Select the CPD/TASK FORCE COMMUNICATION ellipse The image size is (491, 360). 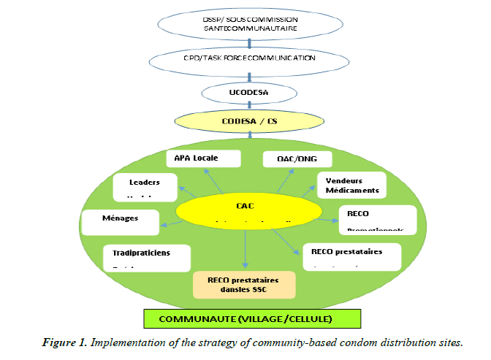(251, 56)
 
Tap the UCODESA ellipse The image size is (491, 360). (250, 93)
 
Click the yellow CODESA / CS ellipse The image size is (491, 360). (250, 120)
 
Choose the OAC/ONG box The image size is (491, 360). (297, 158)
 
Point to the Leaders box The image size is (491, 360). (146, 187)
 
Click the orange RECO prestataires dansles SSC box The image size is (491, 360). (244, 284)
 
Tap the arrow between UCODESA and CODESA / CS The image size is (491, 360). (250, 107)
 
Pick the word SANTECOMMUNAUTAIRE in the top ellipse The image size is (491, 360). (251, 27)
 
